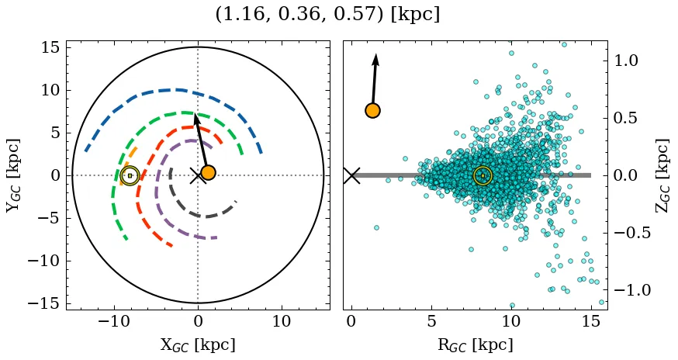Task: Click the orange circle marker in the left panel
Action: pyautogui.click(x=208, y=172)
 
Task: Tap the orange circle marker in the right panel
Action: pyautogui.click(x=372, y=111)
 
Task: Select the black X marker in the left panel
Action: pyautogui.click(x=198, y=175)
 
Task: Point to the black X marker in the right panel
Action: pyautogui.click(x=351, y=175)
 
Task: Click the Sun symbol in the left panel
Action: pyautogui.click(x=130, y=175)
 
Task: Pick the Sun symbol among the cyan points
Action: pyautogui.click(x=483, y=175)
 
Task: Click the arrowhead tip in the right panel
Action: pyautogui.click(x=376, y=54)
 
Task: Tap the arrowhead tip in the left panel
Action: pyautogui.click(x=195, y=115)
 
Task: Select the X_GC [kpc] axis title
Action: pyautogui.click(x=198, y=345)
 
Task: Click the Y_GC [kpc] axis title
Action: pyautogui.click(x=13, y=175)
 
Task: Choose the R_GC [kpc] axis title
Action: pyautogui.click(x=475, y=345)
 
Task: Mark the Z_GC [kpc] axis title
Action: pyautogui.click(x=662, y=175)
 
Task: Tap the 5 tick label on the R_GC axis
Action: pyautogui.click(x=431, y=321)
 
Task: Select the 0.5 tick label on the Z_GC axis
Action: pyautogui.click(x=628, y=118)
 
